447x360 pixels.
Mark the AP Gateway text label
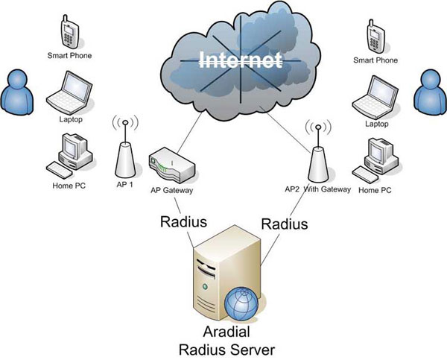click(x=172, y=191)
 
